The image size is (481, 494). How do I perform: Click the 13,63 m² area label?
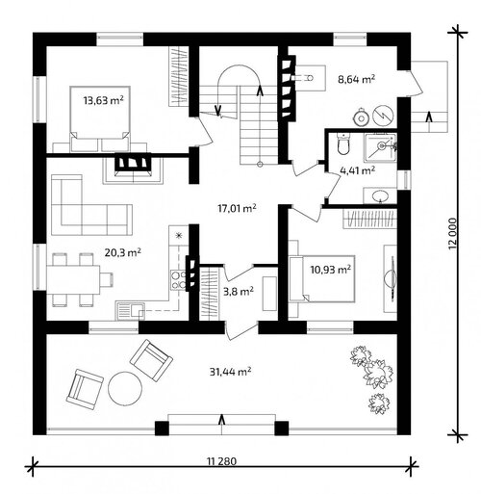coord(104,100)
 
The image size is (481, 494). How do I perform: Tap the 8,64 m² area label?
coord(357,79)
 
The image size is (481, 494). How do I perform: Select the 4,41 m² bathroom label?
coord(357,170)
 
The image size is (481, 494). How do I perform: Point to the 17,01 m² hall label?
coord(237,209)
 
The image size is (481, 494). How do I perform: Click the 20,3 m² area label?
coord(123,253)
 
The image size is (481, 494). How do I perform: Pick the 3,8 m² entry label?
coord(238,292)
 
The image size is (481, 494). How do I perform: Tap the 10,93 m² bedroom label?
coord(330,270)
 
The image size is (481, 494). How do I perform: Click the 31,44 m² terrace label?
coord(230,372)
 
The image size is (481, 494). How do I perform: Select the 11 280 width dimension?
coord(222,461)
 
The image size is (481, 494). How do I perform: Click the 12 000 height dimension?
coord(452,233)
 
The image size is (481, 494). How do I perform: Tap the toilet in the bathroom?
coord(343,143)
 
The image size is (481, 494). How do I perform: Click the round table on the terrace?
coord(125,388)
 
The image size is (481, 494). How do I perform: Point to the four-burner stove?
coord(178,280)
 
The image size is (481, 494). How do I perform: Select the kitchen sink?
coord(130,311)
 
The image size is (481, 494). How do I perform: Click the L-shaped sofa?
coord(91,205)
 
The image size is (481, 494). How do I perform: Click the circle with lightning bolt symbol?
coord(383,115)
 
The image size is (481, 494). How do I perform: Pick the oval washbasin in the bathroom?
coord(381,195)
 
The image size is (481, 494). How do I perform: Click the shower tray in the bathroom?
coord(380,147)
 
